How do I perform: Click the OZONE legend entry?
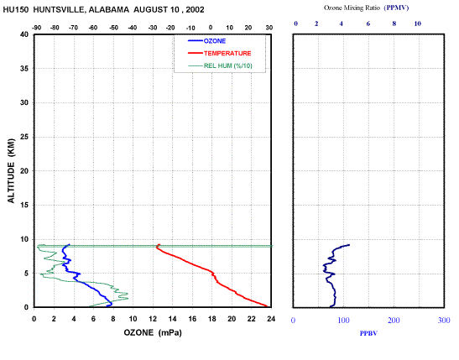207,41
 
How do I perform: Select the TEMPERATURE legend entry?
220,53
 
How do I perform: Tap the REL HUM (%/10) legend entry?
220,65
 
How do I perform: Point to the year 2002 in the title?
195,10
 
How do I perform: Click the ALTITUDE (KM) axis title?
11,170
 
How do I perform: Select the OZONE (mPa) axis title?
153,333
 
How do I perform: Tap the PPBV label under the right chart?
368,333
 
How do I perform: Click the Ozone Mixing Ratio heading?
352,8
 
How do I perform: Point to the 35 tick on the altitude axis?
24,69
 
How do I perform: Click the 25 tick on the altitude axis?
24,137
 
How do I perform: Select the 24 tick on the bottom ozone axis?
271,319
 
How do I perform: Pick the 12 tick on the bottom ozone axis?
153,319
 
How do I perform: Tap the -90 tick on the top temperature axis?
36,28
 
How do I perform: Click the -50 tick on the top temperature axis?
113,28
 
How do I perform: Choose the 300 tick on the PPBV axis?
444,321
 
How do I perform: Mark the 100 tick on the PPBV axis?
343,321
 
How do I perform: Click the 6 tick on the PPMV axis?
368,23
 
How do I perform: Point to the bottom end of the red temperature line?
267,306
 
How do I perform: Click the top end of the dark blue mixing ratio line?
349,245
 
